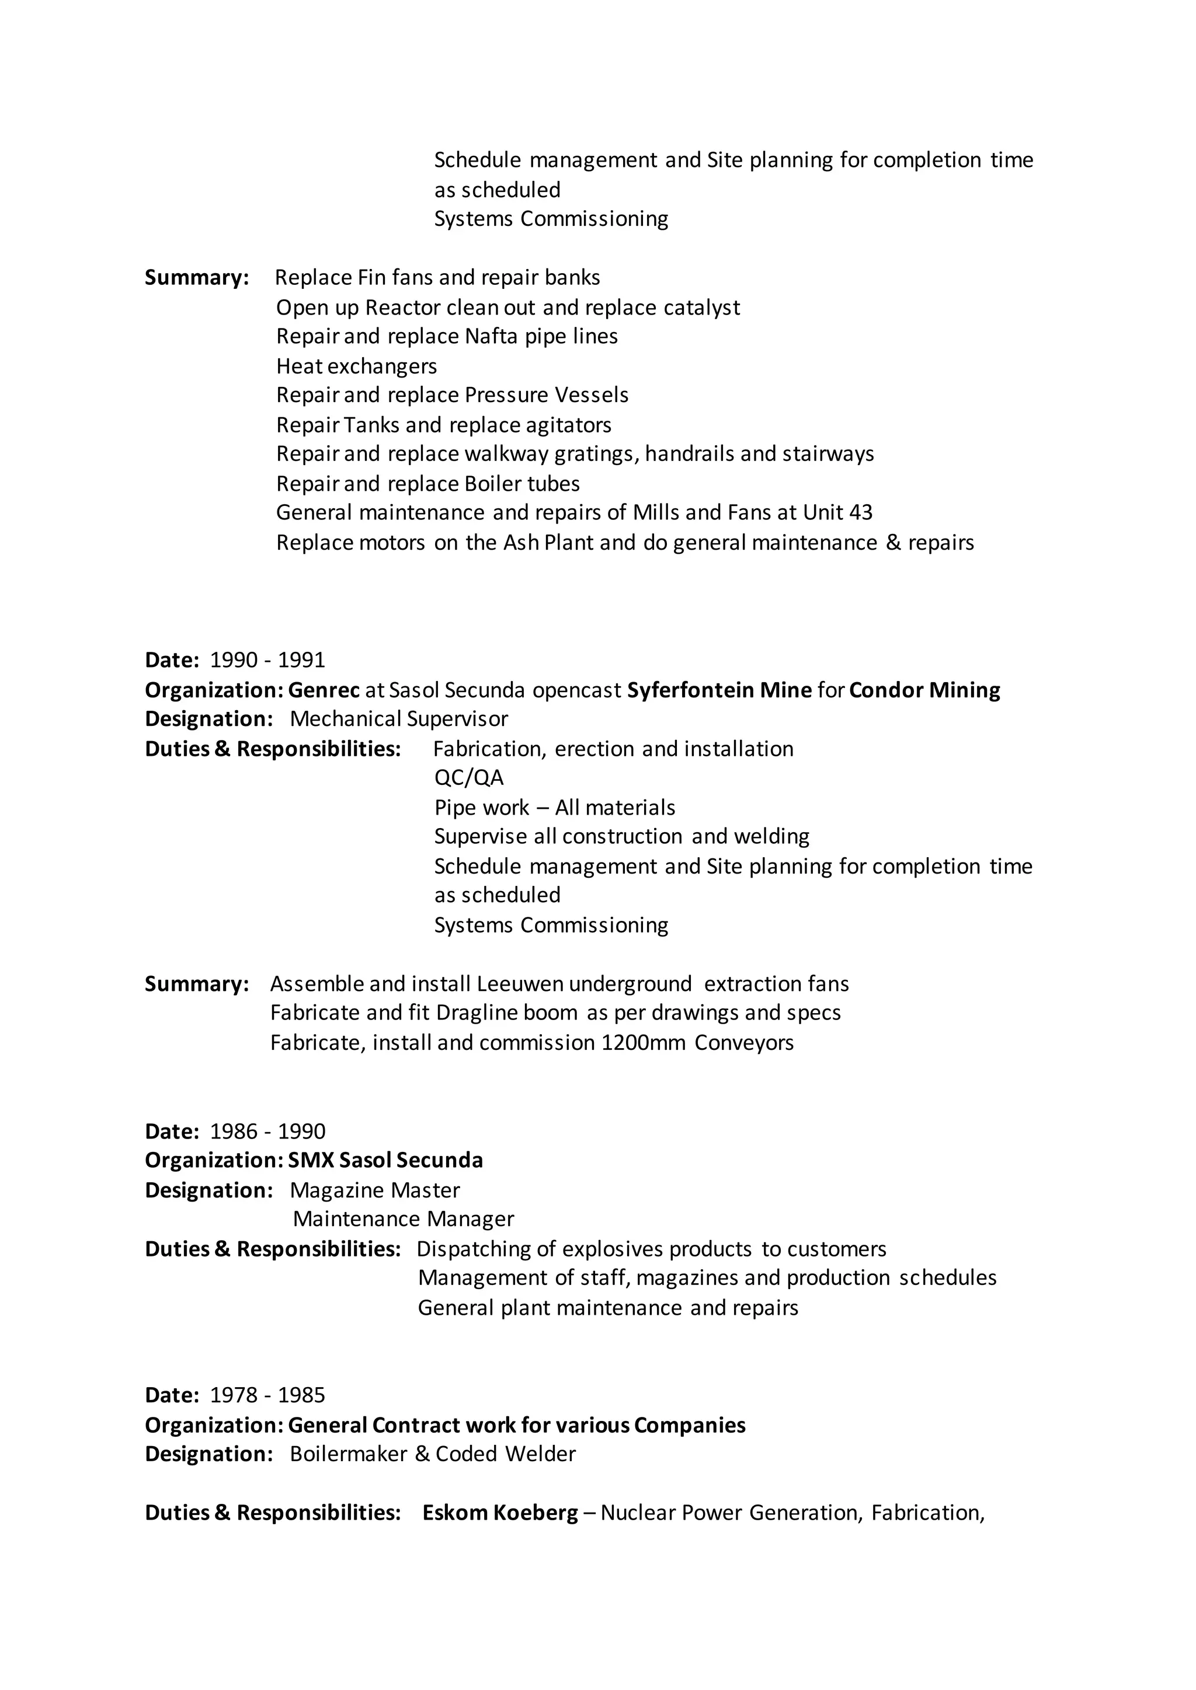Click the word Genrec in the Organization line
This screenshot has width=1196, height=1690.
tap(324, 690)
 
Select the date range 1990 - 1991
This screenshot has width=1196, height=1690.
tap(267, 659)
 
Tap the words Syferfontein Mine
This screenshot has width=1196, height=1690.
tap(719, 690)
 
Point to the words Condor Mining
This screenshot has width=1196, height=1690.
tap(924, 690)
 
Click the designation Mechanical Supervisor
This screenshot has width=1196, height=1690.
tap(398, 718)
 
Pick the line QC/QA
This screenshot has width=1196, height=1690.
tap(468, 778)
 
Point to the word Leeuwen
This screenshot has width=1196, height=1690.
tap(520, 984)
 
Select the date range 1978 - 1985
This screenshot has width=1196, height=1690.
tap(267, 1395)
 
